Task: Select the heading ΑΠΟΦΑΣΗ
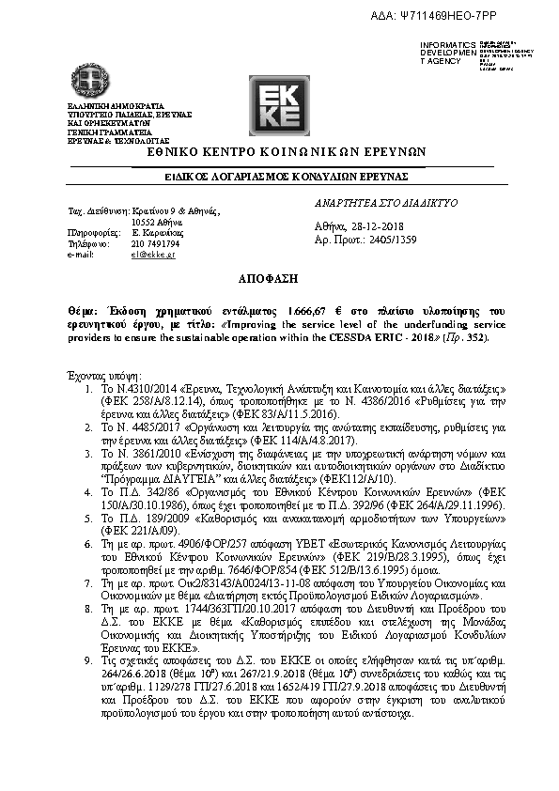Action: tap(279, 279)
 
